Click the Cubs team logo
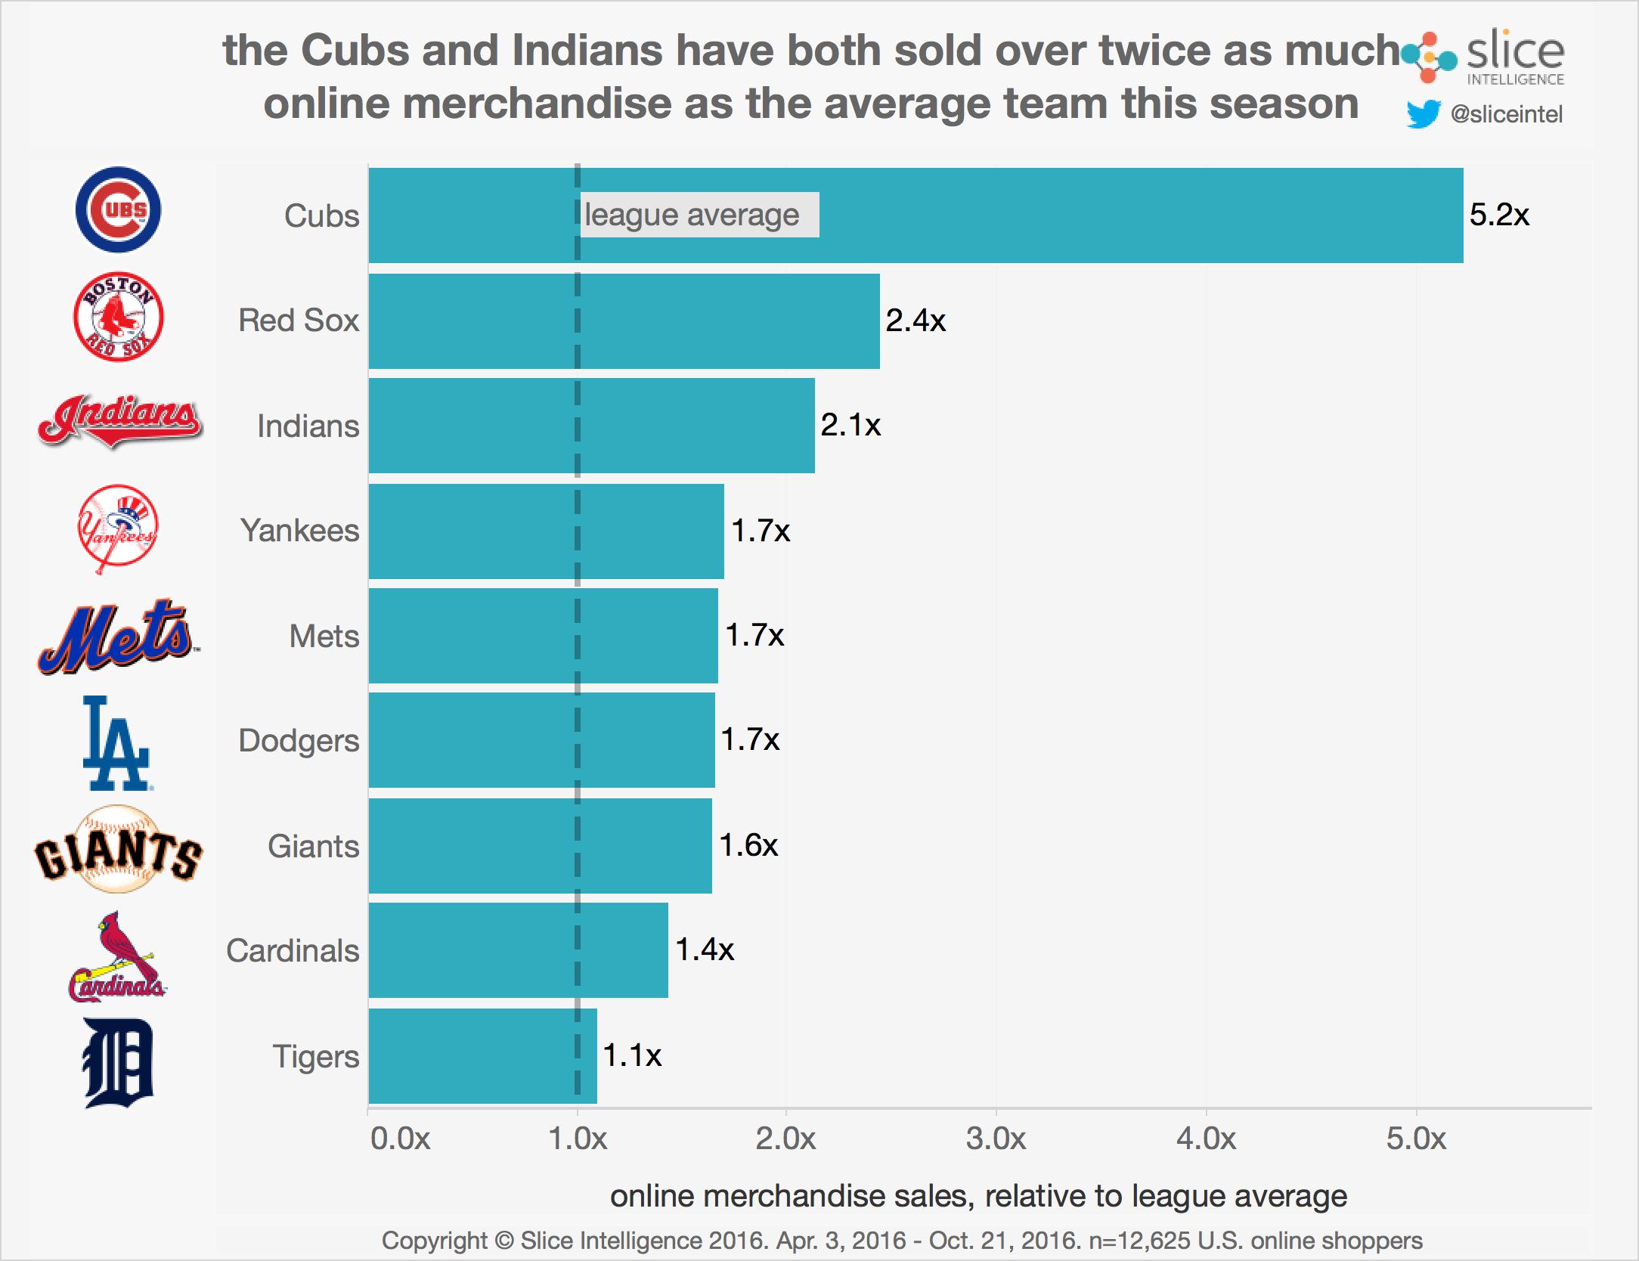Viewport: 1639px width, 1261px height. pos(118,209)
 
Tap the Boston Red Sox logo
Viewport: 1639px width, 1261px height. pos(118,317)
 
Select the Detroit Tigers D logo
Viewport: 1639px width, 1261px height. pos(118,1063)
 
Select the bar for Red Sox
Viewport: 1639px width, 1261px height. pos(624,321)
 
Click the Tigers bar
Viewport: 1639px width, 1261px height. pos(482,1055)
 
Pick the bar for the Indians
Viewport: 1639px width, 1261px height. pos(591,426)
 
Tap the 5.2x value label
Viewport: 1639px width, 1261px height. pos(1498,215)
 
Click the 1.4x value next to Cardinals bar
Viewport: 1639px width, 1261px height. pos(704,950)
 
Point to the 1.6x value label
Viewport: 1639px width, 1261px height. pos(748,845)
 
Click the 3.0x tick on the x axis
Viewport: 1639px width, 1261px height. pos(996,1139)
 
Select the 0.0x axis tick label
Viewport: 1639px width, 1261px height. pos(400,1139)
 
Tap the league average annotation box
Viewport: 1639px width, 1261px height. pos(699,215)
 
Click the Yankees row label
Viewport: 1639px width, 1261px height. pos(299,531)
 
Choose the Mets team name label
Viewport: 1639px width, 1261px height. pos(324,636)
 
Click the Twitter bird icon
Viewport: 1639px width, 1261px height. pos(1423,114)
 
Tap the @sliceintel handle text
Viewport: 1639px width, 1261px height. pos(1506,114)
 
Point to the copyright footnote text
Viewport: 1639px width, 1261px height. pos(901,1241)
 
